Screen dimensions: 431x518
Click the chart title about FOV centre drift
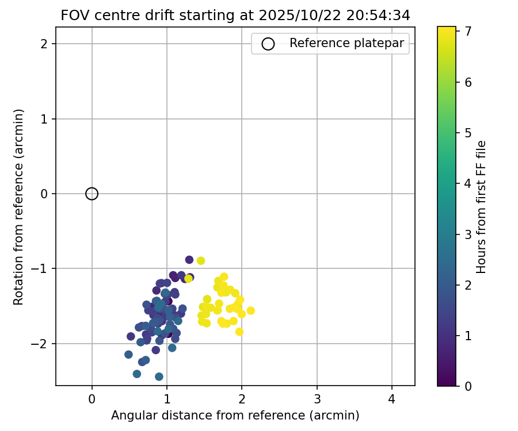(235, 16)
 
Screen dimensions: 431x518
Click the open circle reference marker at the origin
(92, 194)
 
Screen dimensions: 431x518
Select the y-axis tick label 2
(44, 44)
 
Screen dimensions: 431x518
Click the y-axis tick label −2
(41, 344)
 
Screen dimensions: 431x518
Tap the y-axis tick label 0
(44, 194)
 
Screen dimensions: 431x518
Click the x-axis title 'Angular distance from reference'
(235, 415)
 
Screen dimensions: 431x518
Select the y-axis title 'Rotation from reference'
(19, 207)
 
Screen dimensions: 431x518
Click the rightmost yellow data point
(250, 311)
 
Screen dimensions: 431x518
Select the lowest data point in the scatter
(159, 377)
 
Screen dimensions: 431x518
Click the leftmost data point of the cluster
(128, 355)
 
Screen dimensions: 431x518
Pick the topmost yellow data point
(201, 261)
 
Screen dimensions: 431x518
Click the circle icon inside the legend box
(268, 44)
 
